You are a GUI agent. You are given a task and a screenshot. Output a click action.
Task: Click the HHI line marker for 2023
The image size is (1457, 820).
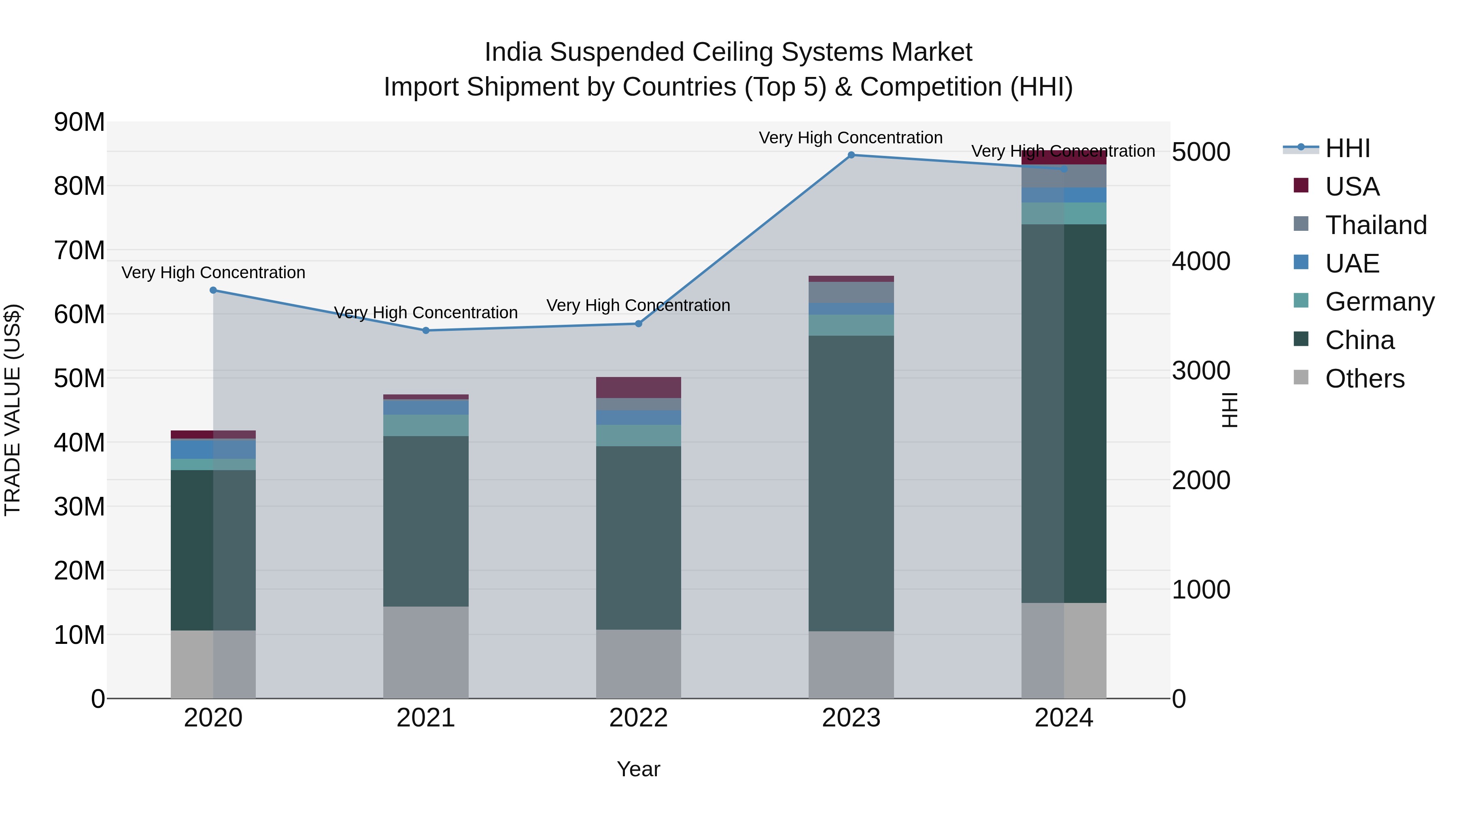pos(851,155)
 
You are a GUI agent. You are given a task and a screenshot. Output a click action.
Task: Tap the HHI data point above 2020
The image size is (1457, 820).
pos(213,290)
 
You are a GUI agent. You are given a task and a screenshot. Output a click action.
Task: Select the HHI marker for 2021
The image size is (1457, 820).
pos(426,330)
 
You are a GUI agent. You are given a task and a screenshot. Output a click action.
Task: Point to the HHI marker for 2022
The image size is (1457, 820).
pos(639,324)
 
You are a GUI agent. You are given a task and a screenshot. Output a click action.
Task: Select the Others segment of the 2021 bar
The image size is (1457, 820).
pos(426,652)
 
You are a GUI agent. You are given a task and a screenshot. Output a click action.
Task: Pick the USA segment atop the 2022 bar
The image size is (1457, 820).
pos(639,388)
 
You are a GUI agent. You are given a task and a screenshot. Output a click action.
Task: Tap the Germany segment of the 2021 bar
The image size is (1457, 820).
pos(426,425)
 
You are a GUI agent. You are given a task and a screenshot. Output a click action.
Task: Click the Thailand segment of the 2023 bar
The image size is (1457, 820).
pos(851,292)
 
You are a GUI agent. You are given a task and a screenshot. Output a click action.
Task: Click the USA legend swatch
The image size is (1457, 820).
pos(1301,185)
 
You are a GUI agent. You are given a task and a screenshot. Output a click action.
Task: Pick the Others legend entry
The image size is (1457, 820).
pos(1364,379)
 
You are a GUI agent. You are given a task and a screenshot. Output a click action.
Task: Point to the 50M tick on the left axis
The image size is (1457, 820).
pos(79,378)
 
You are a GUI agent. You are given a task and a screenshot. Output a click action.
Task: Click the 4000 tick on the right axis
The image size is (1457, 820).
pos(1200,262)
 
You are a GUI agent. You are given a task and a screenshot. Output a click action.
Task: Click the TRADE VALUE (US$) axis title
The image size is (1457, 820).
pos(13,410)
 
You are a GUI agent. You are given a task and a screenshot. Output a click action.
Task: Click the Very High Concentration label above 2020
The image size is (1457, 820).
pos(213,273)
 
